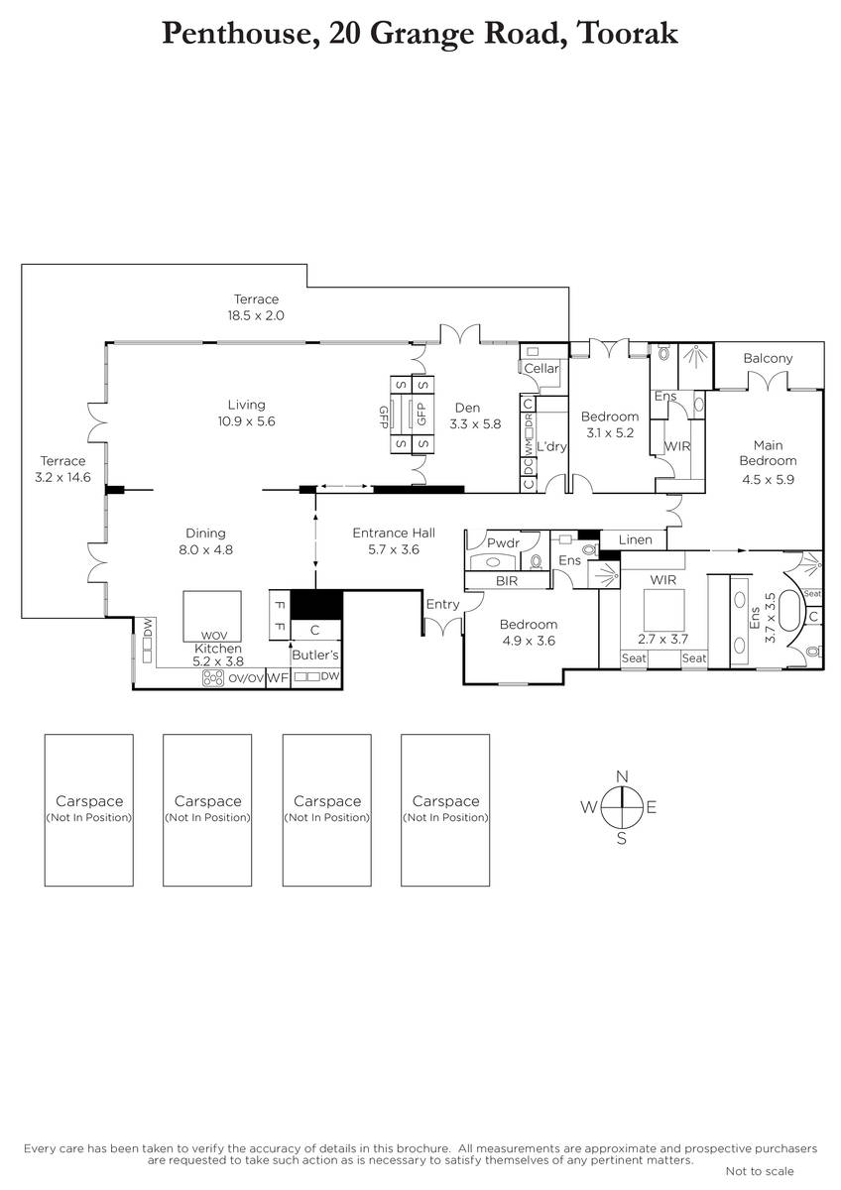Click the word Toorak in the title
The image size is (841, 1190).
click(627, 33)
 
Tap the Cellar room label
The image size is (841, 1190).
click(541, 368)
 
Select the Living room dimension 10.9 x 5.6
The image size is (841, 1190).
click(247, 421)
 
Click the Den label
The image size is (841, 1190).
click(467, 408)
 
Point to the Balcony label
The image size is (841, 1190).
click(768, 359)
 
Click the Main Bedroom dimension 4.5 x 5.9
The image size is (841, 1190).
click(768, 480)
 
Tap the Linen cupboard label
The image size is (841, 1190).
click(636, 539)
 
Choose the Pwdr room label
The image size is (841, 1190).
click(503, 543)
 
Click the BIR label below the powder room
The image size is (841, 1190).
click(507, 581)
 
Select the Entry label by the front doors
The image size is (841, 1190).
click(442, 605)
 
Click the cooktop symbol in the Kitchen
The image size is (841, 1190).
click(213, 678)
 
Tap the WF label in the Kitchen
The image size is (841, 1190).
click(278, 678)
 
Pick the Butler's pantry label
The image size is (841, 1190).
click(315, 655)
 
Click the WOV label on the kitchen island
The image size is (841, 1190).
click(214, 636)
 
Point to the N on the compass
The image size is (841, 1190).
click(622, 776)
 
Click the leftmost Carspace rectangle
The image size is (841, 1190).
click(88, 810)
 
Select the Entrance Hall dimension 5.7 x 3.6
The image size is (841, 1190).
click(394, 549)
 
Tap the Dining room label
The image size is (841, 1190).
click(205, 534)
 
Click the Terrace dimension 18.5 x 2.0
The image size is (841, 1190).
click(256, 315)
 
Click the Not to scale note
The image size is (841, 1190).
click(760, 1171)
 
